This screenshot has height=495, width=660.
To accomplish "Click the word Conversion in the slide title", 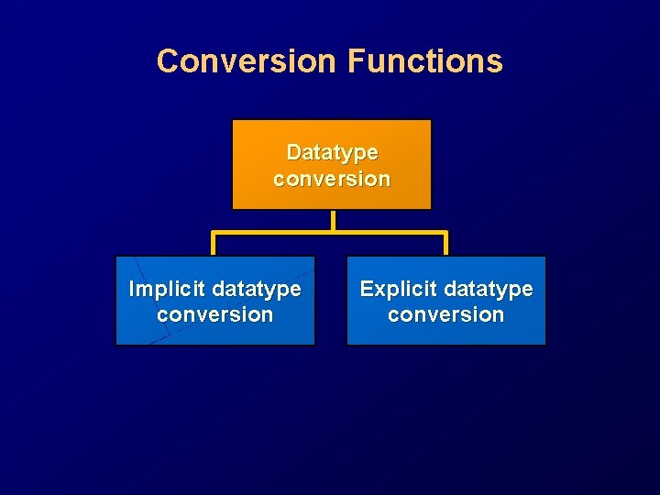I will pos(246,61).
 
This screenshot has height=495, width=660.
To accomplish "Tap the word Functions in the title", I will pos(425,61).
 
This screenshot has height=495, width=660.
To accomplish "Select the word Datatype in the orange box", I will pos(332,152).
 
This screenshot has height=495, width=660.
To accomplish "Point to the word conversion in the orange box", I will pos(332,179).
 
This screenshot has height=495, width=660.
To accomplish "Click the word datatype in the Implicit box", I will pos(257,290).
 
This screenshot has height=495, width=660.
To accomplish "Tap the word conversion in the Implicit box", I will pos(215,314).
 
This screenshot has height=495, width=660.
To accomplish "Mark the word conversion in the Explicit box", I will pos(446,314).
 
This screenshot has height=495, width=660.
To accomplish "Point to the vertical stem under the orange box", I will pos(333,220).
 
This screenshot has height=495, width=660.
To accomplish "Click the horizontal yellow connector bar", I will pos(275,233).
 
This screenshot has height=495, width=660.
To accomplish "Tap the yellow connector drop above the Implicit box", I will pos(214,244).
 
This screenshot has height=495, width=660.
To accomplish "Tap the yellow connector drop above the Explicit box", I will pos(445,244).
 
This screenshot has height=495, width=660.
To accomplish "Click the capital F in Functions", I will pos(357,61).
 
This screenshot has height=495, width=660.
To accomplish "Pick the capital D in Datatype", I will pos(293,151).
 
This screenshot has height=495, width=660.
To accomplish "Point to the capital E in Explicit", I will pos(366,289).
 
